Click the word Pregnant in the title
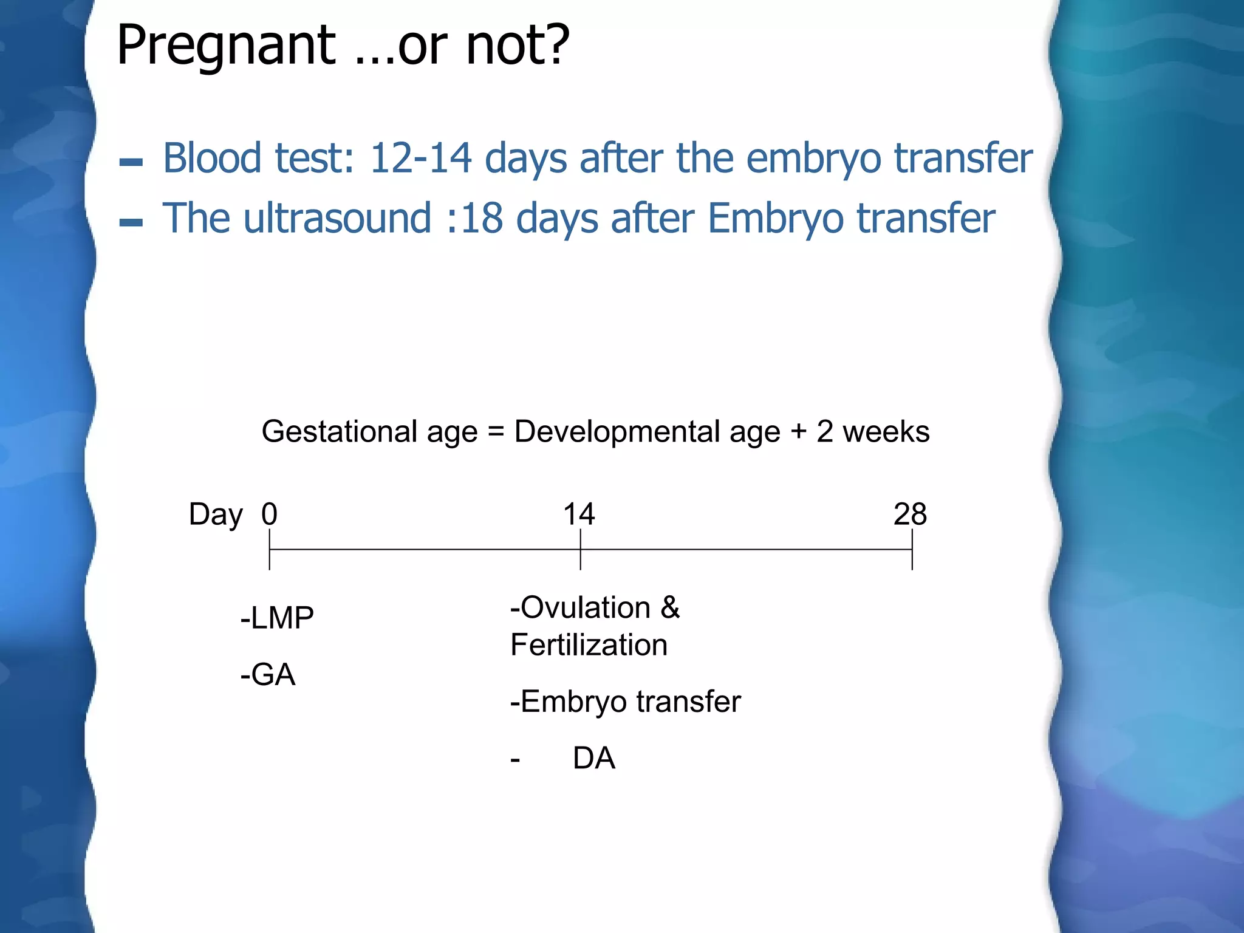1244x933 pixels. click(x=226, y=46)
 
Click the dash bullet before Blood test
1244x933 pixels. click(x=131, y=162)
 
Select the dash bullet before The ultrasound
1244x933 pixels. click(x=131, y=222)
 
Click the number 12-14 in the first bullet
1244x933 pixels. click(x=420, y=158)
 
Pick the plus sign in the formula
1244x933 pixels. click(x=798, y=432)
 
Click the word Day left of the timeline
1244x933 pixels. click(x=216, y=515)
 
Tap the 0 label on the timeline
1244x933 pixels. click(x=270, y=514)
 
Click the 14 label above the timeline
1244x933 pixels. click(x=579, y=514)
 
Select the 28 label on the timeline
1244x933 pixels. click(x=910, y=514)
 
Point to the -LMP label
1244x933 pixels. click(x=277, y=618)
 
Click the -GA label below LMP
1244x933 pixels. click(x=268, y=675)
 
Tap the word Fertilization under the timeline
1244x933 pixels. click(x=589, y=645)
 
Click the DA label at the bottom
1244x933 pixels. click(x=593, y=758)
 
